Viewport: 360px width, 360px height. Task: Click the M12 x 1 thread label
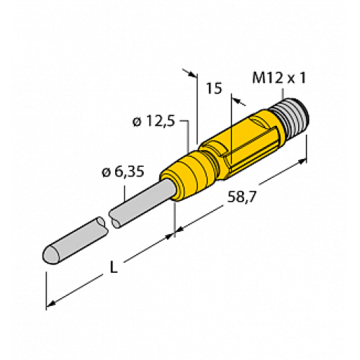point(277,77)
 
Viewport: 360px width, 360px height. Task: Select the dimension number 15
point(213,89)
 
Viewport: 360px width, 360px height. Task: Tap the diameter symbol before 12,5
point(137,122)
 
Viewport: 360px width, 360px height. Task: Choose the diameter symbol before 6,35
point(107,172)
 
